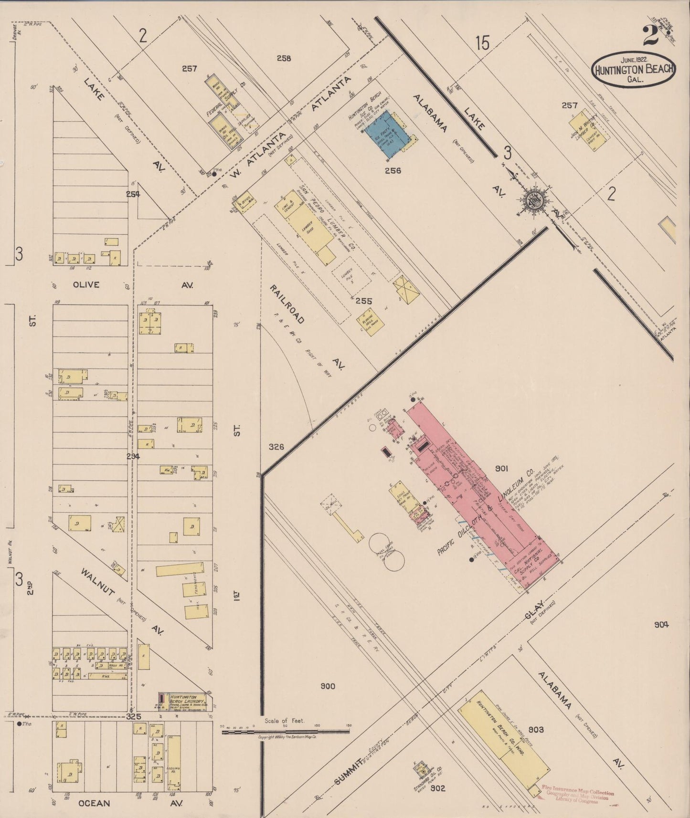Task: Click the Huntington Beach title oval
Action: click(x=634, y=70)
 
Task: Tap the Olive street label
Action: click(x=86, y=285)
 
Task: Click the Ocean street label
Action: click(x=94, y=803)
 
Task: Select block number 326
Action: click(x=276, y=447)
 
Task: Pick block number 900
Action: click(x=328, y=686)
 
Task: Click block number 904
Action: click(x=661, y=624)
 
